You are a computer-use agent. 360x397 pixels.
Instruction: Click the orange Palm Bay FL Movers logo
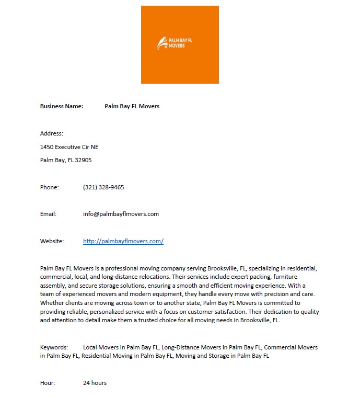[x=180, y=44]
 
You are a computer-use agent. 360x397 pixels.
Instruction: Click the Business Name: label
[x=62, y=106]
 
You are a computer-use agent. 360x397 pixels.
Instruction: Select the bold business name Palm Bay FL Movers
[x=132, y=106]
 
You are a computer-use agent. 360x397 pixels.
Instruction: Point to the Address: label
[x=52, y=133]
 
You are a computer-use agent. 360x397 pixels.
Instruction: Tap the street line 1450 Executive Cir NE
[x=69, y=147]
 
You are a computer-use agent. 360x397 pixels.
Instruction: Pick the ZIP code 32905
[x=83, y=160]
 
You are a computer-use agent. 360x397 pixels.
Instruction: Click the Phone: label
[x=50, y=187]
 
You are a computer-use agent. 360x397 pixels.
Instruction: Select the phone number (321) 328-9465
[x=103, y=187]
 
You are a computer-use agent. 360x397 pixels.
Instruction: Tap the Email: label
[x=48, y=214]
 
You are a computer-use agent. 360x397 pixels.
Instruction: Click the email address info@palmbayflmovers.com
[x=121, y=214]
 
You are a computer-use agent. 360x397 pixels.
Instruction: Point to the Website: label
[x=52, y=241]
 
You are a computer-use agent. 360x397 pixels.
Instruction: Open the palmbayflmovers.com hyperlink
[x=123, y=241]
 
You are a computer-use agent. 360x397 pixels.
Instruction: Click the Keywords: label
[x=54, y=347]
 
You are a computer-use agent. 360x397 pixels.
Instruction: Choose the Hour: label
[x=48, y=383]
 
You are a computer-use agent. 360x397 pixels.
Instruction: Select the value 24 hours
[x=95, y=383]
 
